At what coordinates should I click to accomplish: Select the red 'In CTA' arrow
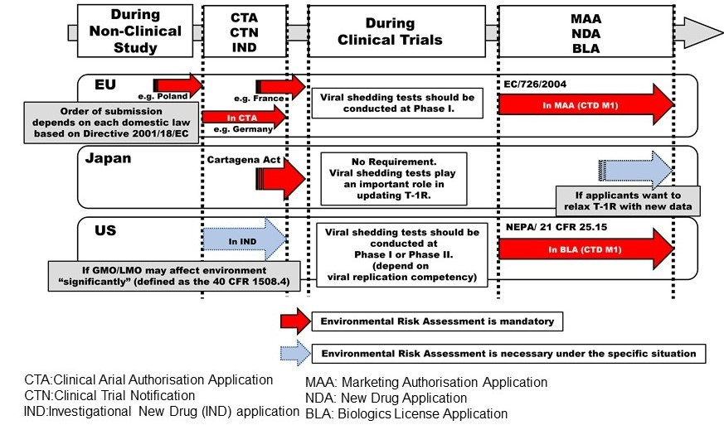coord(243,118)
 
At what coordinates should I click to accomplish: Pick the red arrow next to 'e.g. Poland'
coord(184,85)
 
